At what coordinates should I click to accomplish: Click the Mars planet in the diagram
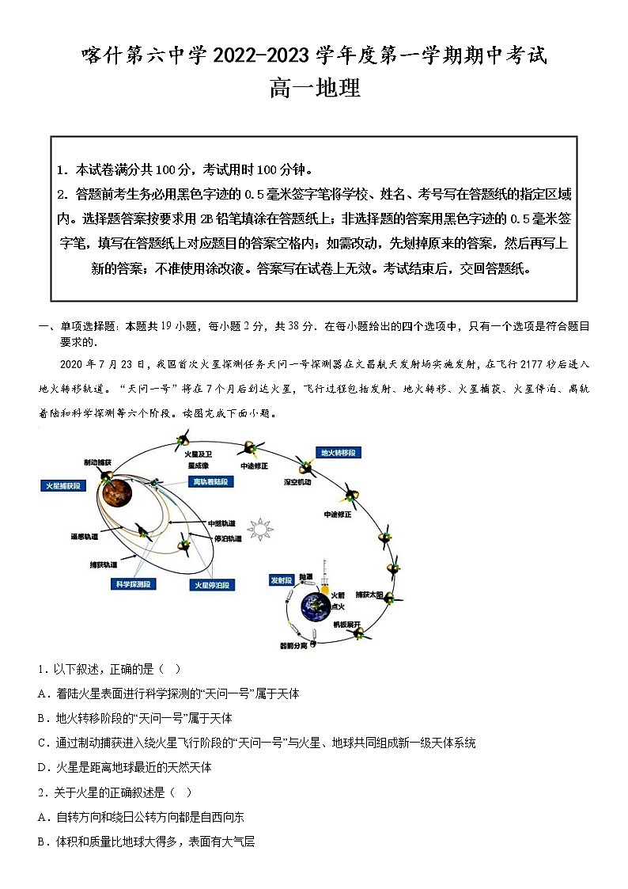(x=118, y=492)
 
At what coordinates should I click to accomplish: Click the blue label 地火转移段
(x=338, y=453)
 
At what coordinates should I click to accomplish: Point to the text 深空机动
(x=298, y=481)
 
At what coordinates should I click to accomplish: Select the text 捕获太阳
(x=369, y=594)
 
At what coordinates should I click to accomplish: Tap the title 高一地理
(x=314, y=89)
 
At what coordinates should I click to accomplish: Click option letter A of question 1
(x=41, y=693)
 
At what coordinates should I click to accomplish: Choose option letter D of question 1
(x=41, y=767)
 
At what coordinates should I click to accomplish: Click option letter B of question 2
(x=41, y=842)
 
